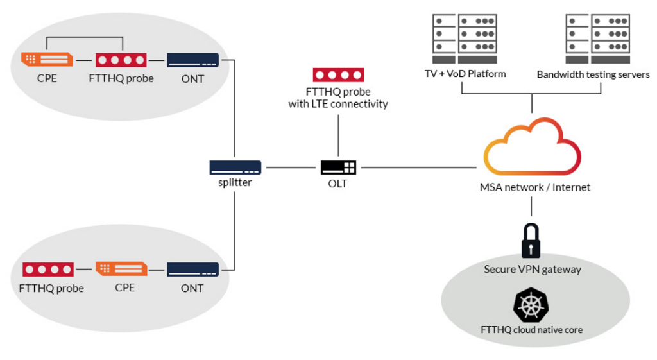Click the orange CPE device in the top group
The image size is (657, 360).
[47, 60]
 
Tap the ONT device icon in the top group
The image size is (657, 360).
[192, 60]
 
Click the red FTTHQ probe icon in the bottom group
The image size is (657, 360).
[48, 270]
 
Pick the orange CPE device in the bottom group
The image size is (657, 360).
[121, 269]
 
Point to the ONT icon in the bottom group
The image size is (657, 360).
[192, 270]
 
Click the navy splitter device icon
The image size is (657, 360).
[235, 167]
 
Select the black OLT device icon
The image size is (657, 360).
[338, 167]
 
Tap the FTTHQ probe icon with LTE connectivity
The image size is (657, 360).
[338, 75]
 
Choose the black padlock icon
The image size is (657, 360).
[531, 240]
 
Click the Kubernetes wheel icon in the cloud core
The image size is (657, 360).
[531, 305]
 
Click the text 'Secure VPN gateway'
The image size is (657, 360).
[532, 270]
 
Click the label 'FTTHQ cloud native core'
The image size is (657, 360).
[532, 330]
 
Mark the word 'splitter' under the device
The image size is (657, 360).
[235, 182]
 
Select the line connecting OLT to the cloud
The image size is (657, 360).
[417, 167]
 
